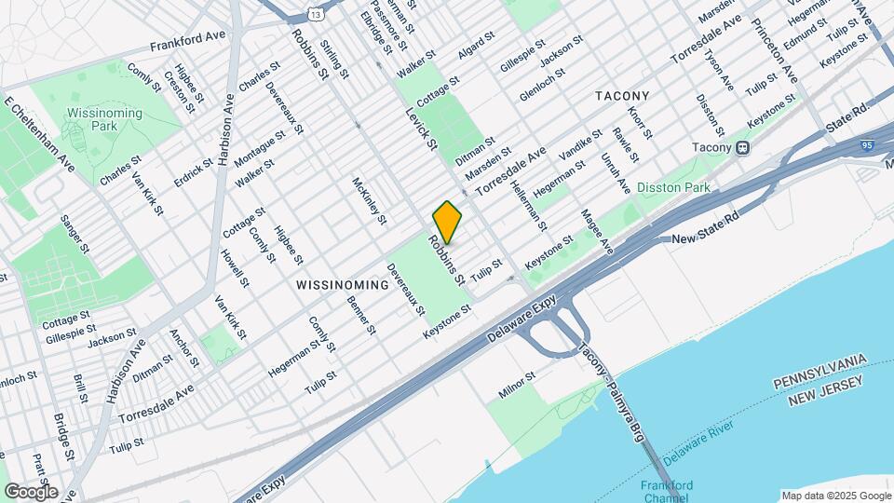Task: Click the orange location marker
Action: coord(447,222)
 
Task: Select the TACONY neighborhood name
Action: coord(621,96)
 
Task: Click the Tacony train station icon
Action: coord(742,147)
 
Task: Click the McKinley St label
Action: coord(369,200)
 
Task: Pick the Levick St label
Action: coord(420,128)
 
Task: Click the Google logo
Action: coord(31,492)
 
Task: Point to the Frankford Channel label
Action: coord(667,491)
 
